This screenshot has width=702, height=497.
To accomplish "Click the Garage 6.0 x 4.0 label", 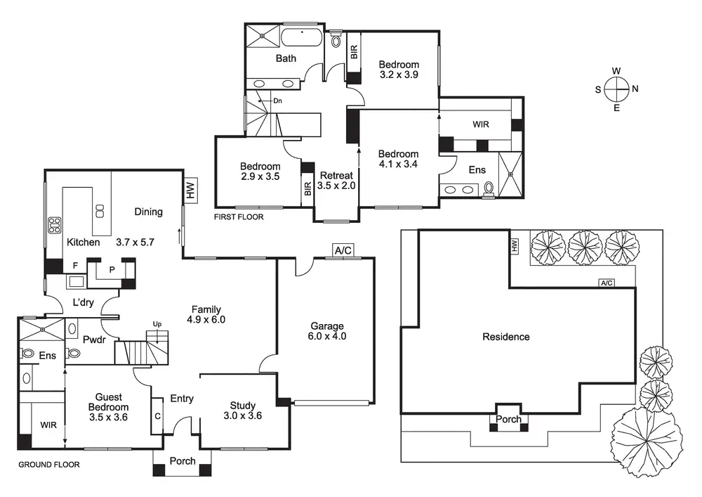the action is click(x=328, y=331).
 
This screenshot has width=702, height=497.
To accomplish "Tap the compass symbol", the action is click(x=616, y=89).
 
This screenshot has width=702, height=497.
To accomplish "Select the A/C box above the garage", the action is click(x=343, y=251).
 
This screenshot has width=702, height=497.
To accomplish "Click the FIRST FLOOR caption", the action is click(x=239, y=217).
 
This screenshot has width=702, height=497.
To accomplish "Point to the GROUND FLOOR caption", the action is click(x=48, y=465).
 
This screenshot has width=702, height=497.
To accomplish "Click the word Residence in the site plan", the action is click(x=506, y=337).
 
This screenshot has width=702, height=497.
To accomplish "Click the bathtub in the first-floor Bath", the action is click(x=302, y=38).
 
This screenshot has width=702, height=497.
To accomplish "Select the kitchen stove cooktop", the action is click(x=54, y=226).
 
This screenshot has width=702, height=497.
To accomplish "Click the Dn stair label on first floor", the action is click(x=278, y=101).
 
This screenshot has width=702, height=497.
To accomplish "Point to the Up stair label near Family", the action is click(x=157, y=324).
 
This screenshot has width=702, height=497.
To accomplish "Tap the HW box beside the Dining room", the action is click(x=190, y=190).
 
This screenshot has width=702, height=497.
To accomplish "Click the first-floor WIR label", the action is click(x=481, y=124).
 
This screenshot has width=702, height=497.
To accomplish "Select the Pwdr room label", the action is click(x=93, y=339).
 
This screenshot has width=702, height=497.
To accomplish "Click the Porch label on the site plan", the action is click(x=509, y=420).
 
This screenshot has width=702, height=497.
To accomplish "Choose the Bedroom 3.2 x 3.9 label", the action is click(x=399, y=70).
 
